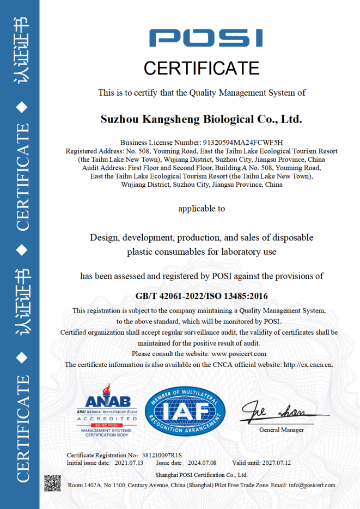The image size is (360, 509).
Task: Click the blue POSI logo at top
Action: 206,38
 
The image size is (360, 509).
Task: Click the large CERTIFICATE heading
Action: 202,68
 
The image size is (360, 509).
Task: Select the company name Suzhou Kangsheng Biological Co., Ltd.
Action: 202,119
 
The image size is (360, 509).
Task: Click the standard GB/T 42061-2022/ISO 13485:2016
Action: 202,296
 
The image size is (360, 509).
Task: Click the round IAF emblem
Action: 185,410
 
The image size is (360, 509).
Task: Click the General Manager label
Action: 282,430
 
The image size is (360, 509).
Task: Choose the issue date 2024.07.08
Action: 202,463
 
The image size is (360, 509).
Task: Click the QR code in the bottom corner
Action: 52,483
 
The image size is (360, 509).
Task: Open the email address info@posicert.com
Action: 312,485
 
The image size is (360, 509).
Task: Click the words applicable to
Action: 202,208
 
